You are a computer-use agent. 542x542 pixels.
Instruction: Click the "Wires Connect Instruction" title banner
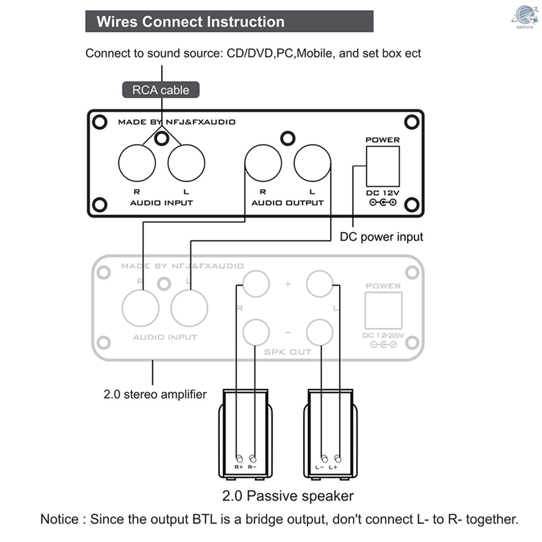229,22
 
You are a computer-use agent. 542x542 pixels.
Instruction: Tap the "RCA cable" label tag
160,90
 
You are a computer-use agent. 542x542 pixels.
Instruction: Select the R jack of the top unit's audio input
137,163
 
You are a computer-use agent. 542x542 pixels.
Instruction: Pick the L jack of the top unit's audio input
186,163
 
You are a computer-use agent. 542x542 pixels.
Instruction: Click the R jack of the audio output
263,163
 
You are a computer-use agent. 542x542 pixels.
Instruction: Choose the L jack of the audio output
312,163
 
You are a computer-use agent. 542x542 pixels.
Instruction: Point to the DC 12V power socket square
382,166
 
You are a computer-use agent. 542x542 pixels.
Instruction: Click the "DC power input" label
381,237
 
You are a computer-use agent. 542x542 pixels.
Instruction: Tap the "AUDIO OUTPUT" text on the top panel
287,203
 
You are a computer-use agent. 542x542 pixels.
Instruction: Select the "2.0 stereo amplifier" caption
155,394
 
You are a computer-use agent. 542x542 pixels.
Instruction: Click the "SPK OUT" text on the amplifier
287,352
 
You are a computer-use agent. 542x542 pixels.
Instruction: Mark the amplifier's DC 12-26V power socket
383,310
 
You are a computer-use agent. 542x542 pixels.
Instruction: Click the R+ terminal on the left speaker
239,458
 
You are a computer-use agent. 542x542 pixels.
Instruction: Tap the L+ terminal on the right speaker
338,458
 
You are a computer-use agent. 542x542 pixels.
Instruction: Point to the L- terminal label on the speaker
320,467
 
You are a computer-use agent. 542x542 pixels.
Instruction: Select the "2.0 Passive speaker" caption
287,496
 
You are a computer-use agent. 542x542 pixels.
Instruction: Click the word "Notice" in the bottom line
60,519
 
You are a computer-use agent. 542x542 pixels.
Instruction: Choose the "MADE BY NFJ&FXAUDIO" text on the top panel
176,122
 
